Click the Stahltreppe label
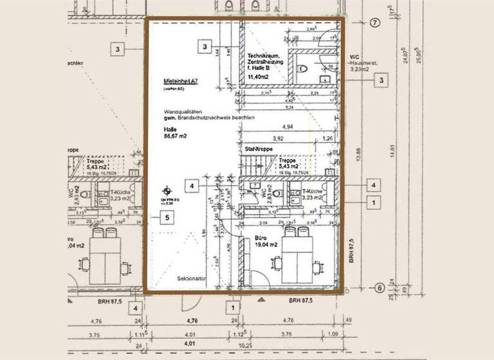click(x=259, y=148)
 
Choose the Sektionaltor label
click(x=191, y=280)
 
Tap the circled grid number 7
click(x=376, y=22)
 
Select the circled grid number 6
click(x=380, y=287)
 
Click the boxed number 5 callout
click(x=167, y=218)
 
